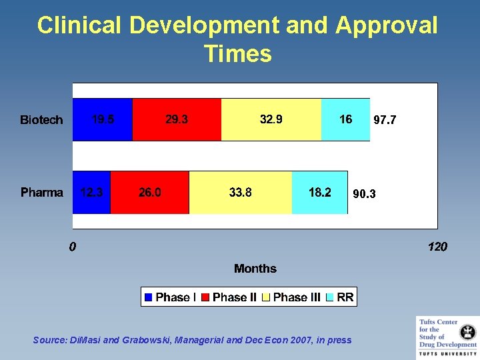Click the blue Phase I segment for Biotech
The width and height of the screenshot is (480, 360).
(102, 120)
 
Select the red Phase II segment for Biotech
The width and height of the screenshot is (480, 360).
(177, 120)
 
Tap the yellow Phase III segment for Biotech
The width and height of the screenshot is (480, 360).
(271, 120)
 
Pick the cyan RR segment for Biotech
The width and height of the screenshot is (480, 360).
(345, 120)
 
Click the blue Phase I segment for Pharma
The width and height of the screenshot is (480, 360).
(91, 193)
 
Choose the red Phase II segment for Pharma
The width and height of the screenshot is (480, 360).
(149, 193)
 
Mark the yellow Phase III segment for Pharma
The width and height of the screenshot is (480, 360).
(241, 193)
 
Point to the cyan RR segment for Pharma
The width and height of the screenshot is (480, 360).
(320, 193)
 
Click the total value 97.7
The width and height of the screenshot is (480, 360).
(385, 121)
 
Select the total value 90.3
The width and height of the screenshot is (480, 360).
(364, 195)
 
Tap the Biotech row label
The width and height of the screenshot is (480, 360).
(41, 120)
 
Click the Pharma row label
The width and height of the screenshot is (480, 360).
(42, 193)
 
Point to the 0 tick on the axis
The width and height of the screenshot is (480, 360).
(73, 247)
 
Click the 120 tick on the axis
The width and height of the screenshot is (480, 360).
(437, 247)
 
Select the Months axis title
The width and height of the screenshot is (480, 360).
(255, 269)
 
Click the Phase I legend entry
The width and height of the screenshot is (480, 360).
(171, 297)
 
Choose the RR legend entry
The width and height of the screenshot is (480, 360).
(341, 297)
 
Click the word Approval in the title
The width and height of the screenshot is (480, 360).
(387, 25)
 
